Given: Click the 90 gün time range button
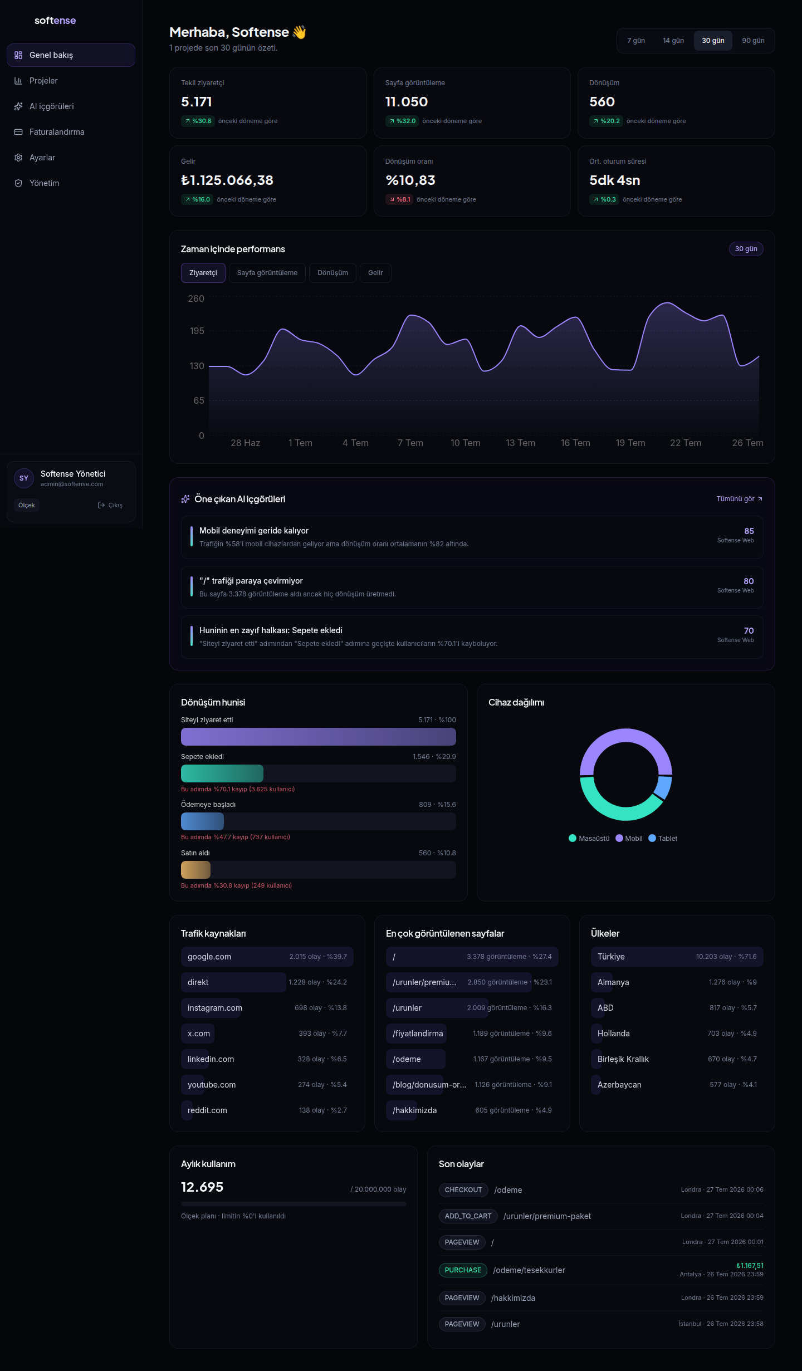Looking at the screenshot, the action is click(x=753, y=41).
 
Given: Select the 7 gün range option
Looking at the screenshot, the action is click(x=636, y=41).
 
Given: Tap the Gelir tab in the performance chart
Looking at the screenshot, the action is click(x=375, y=273).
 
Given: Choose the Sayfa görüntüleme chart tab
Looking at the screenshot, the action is click(x=267, y=273).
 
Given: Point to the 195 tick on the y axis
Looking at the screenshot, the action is click(x=197, y=331).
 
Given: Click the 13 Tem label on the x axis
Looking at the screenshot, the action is click(x=520, y=443).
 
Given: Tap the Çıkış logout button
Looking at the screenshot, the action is click(x=110, y=505).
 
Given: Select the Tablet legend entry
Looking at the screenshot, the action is click(x=663, y=839).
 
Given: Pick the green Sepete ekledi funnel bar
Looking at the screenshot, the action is click(x=222, y=773).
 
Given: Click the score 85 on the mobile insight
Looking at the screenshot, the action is click(x=749, y=531).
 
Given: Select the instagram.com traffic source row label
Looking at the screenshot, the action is click(x=215, y=1008).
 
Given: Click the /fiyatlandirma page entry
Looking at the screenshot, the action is click(x=418, y=1034).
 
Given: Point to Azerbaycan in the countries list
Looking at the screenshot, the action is click(x=619, y=1085).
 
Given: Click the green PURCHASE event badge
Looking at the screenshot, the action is click(x=463, y=1270).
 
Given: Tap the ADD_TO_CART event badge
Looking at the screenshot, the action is click(x=468, y=1216).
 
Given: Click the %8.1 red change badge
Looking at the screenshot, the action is click(x=399, y=199).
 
